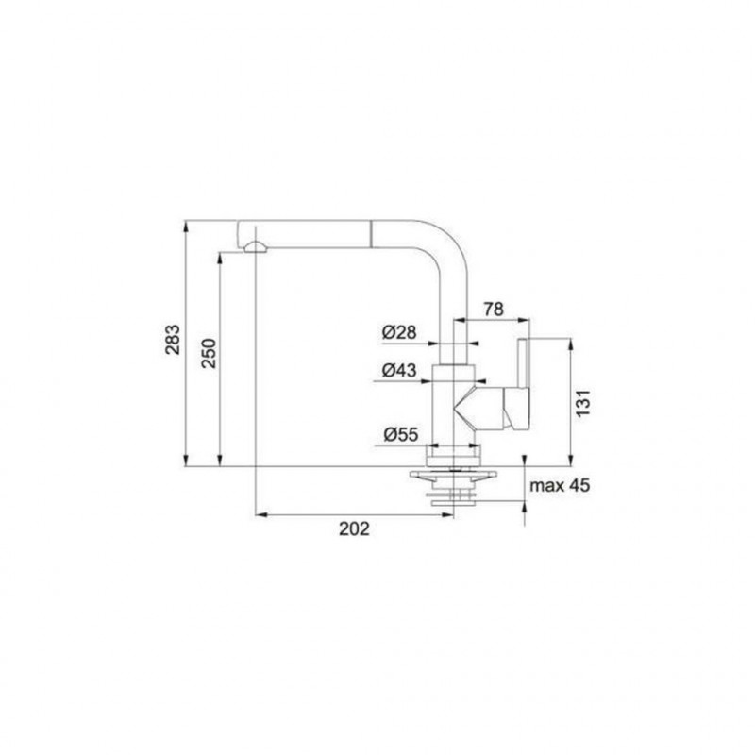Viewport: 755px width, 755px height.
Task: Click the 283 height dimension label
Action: point(173,340)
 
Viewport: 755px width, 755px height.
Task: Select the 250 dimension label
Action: point(209,353)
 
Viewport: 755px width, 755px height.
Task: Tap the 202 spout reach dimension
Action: point(355,528)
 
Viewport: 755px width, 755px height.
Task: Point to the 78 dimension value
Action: point(494,310)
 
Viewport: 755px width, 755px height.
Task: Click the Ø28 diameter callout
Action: point(399,332)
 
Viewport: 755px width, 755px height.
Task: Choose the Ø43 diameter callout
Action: point(399,370)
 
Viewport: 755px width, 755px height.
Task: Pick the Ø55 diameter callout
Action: point(400,434)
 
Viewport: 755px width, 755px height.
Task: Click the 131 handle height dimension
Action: point(583,404)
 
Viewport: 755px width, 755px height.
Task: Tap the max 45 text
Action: point(560,485)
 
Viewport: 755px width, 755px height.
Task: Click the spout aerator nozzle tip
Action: point(255,247)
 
